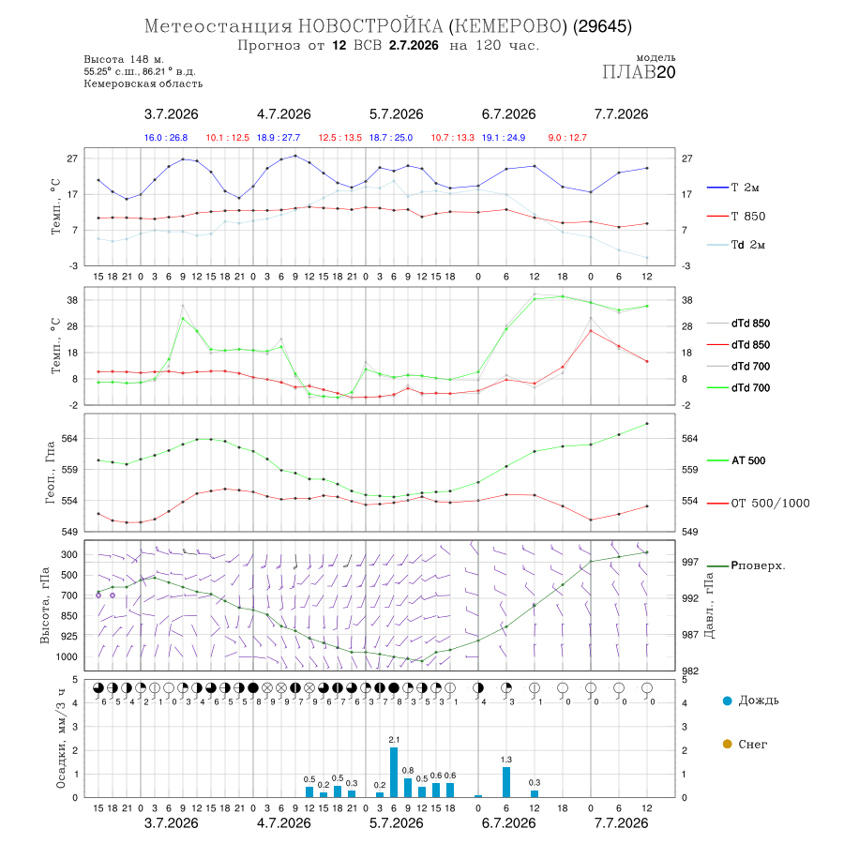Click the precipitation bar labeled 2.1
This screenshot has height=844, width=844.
click(x=394, y=772)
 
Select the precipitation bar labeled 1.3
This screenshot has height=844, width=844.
click(x=506, y=782)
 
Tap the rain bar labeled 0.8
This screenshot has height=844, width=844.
click(x=408, y=788)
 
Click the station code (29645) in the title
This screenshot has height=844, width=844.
click(x=602, y=26)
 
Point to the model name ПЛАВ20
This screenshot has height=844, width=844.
click(x=639, y=72)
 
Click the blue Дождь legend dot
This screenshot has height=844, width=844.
click(x=727, y=701)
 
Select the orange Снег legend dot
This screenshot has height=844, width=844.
click(x=727, y=744)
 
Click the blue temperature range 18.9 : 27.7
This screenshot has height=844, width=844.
click(x=279, y=138)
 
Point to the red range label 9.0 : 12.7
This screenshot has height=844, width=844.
click(x=567, y=138)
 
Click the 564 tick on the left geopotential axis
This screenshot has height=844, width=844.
click(x=70, y=439)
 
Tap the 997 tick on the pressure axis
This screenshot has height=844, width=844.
click(x=690, y=562)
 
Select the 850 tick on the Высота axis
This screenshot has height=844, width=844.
click(x=68, y=616)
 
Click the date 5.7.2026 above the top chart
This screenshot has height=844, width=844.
click(x=396, y=114)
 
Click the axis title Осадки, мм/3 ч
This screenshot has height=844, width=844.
click(x=61, y=739)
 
